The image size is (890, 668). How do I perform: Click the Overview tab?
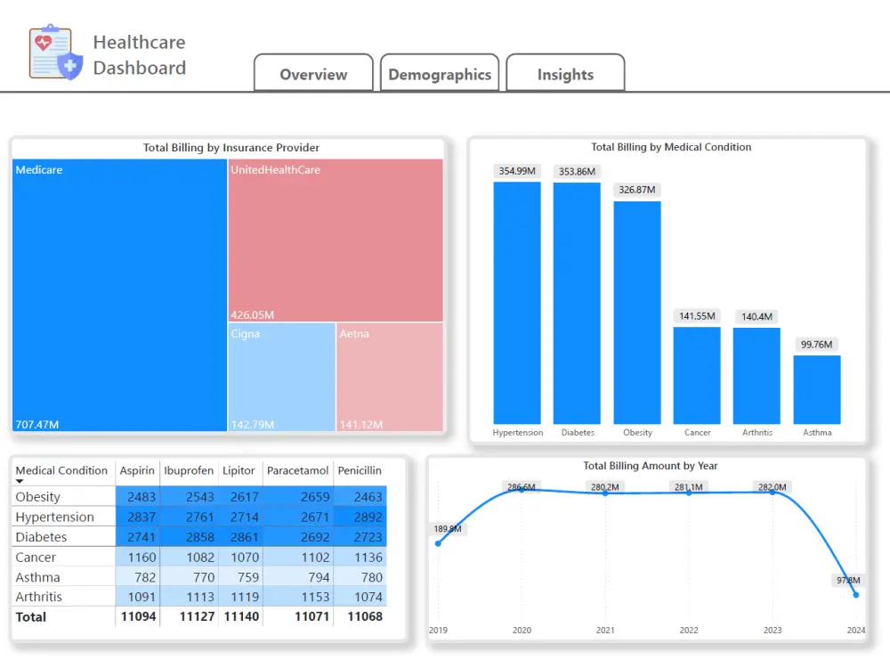coord(313,75)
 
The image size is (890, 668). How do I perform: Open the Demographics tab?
coord(440,75)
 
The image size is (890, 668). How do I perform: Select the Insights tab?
coord(565,75)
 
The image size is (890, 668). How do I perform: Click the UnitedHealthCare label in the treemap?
coord(275,170)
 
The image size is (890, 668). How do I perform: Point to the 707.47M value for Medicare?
coord(37,424)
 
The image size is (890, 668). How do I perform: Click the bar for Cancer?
coord(697,375)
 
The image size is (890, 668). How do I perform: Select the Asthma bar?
coord(817,389)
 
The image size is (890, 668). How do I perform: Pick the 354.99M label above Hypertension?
coord(517,171)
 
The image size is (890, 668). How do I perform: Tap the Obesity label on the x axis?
coord(637,433)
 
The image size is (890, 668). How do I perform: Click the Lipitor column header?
coord(239,470)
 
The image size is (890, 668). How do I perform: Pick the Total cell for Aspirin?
coord(138,616)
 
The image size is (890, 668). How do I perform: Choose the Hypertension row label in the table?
coord(54,517)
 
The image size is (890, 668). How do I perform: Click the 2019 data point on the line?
coord(438,543)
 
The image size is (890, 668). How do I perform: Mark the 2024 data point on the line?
coord(856,594)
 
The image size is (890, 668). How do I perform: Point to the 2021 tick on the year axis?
coord(605,631)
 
